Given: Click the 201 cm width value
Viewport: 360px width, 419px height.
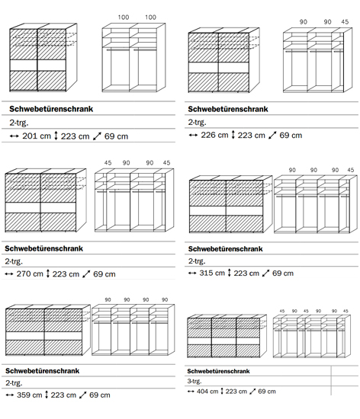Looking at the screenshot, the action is pos(37,136).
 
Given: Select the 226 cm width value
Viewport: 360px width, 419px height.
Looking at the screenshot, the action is pos(214,135).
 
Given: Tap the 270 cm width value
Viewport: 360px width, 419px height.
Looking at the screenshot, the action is pos(30,273).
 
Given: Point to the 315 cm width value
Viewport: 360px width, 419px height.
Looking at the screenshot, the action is pos(212,273).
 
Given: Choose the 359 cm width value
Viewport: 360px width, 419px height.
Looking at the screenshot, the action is pos(30,395).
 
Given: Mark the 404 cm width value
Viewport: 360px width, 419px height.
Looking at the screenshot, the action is pos(207,392).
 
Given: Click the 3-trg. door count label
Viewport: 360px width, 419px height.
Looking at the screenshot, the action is pos(194,381).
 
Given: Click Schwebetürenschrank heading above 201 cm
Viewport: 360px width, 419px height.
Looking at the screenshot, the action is pos(51,109).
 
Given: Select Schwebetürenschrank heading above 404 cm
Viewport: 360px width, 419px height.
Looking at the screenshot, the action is pos(218,371).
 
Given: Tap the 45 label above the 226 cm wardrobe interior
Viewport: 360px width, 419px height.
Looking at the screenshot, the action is pos(345,21).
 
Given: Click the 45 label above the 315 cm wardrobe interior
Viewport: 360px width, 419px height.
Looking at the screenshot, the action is pos(350,170).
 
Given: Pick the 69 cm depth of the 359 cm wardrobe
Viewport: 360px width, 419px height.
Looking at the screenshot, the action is pos(99,395).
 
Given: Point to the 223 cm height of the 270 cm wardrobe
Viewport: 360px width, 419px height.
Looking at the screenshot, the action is pos(66,274).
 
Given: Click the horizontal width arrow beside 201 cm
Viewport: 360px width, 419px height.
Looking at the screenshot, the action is pos(14,136).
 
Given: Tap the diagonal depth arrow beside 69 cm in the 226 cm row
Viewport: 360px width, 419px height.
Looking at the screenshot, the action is pos(272,135).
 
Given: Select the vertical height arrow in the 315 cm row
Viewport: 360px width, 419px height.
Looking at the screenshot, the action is pos(230,273).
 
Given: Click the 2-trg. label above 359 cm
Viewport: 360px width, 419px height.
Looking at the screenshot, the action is pos(14,383).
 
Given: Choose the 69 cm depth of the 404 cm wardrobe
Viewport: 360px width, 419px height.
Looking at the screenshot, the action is pos(267,392).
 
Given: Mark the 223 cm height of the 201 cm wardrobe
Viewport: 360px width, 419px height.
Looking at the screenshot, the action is pos(75,136).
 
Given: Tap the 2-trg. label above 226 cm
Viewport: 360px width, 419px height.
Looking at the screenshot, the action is pos(197,122).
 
